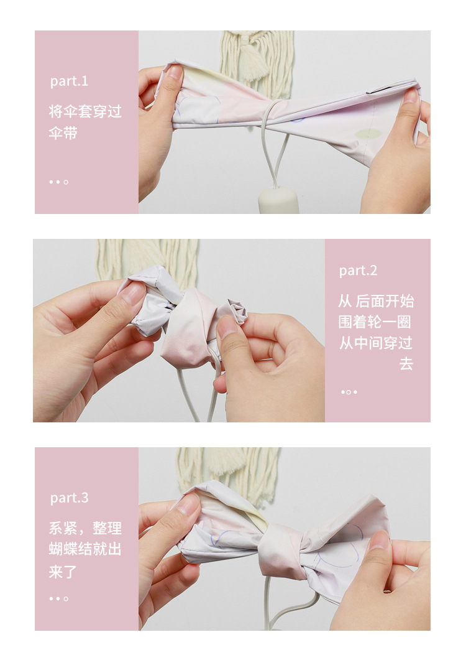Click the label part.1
(x=69, y=81)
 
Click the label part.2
(x=358, y=271)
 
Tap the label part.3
(x=69, y=498)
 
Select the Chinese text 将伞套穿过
(x=85, y=111)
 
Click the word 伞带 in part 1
(x=63, y=133)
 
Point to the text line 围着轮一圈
(x=375, y=322)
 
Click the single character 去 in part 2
(x=406, y=363)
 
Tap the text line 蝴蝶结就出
(x=85, y=549)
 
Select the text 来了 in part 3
(x=63, y=572)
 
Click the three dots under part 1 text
(x=59, y=182)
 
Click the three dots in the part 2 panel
(x=349, y=392)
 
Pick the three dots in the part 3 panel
(x=59, y=598)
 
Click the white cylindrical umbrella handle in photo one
(x=279, y=200)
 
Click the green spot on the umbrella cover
(x=368, y=134)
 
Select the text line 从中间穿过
(x=375, y=343)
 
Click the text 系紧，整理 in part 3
(x=85, y=528)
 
